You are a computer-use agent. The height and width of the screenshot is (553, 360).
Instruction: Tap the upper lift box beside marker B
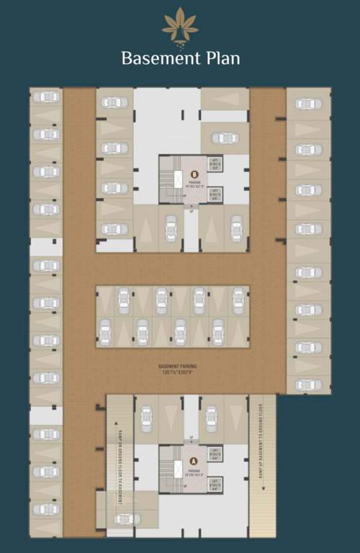point(214,163)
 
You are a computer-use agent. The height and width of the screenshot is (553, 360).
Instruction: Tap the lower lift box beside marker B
point(214,193)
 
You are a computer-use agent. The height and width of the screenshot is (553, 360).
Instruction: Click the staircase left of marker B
point(168,178)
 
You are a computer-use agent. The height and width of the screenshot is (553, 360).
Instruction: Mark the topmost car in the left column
point(46,97)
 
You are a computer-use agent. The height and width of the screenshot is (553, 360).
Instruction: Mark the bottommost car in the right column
point(308,385)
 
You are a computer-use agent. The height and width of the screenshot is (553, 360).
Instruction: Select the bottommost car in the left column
point(46,509)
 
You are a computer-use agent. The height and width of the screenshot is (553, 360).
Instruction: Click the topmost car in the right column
point(308,104)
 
